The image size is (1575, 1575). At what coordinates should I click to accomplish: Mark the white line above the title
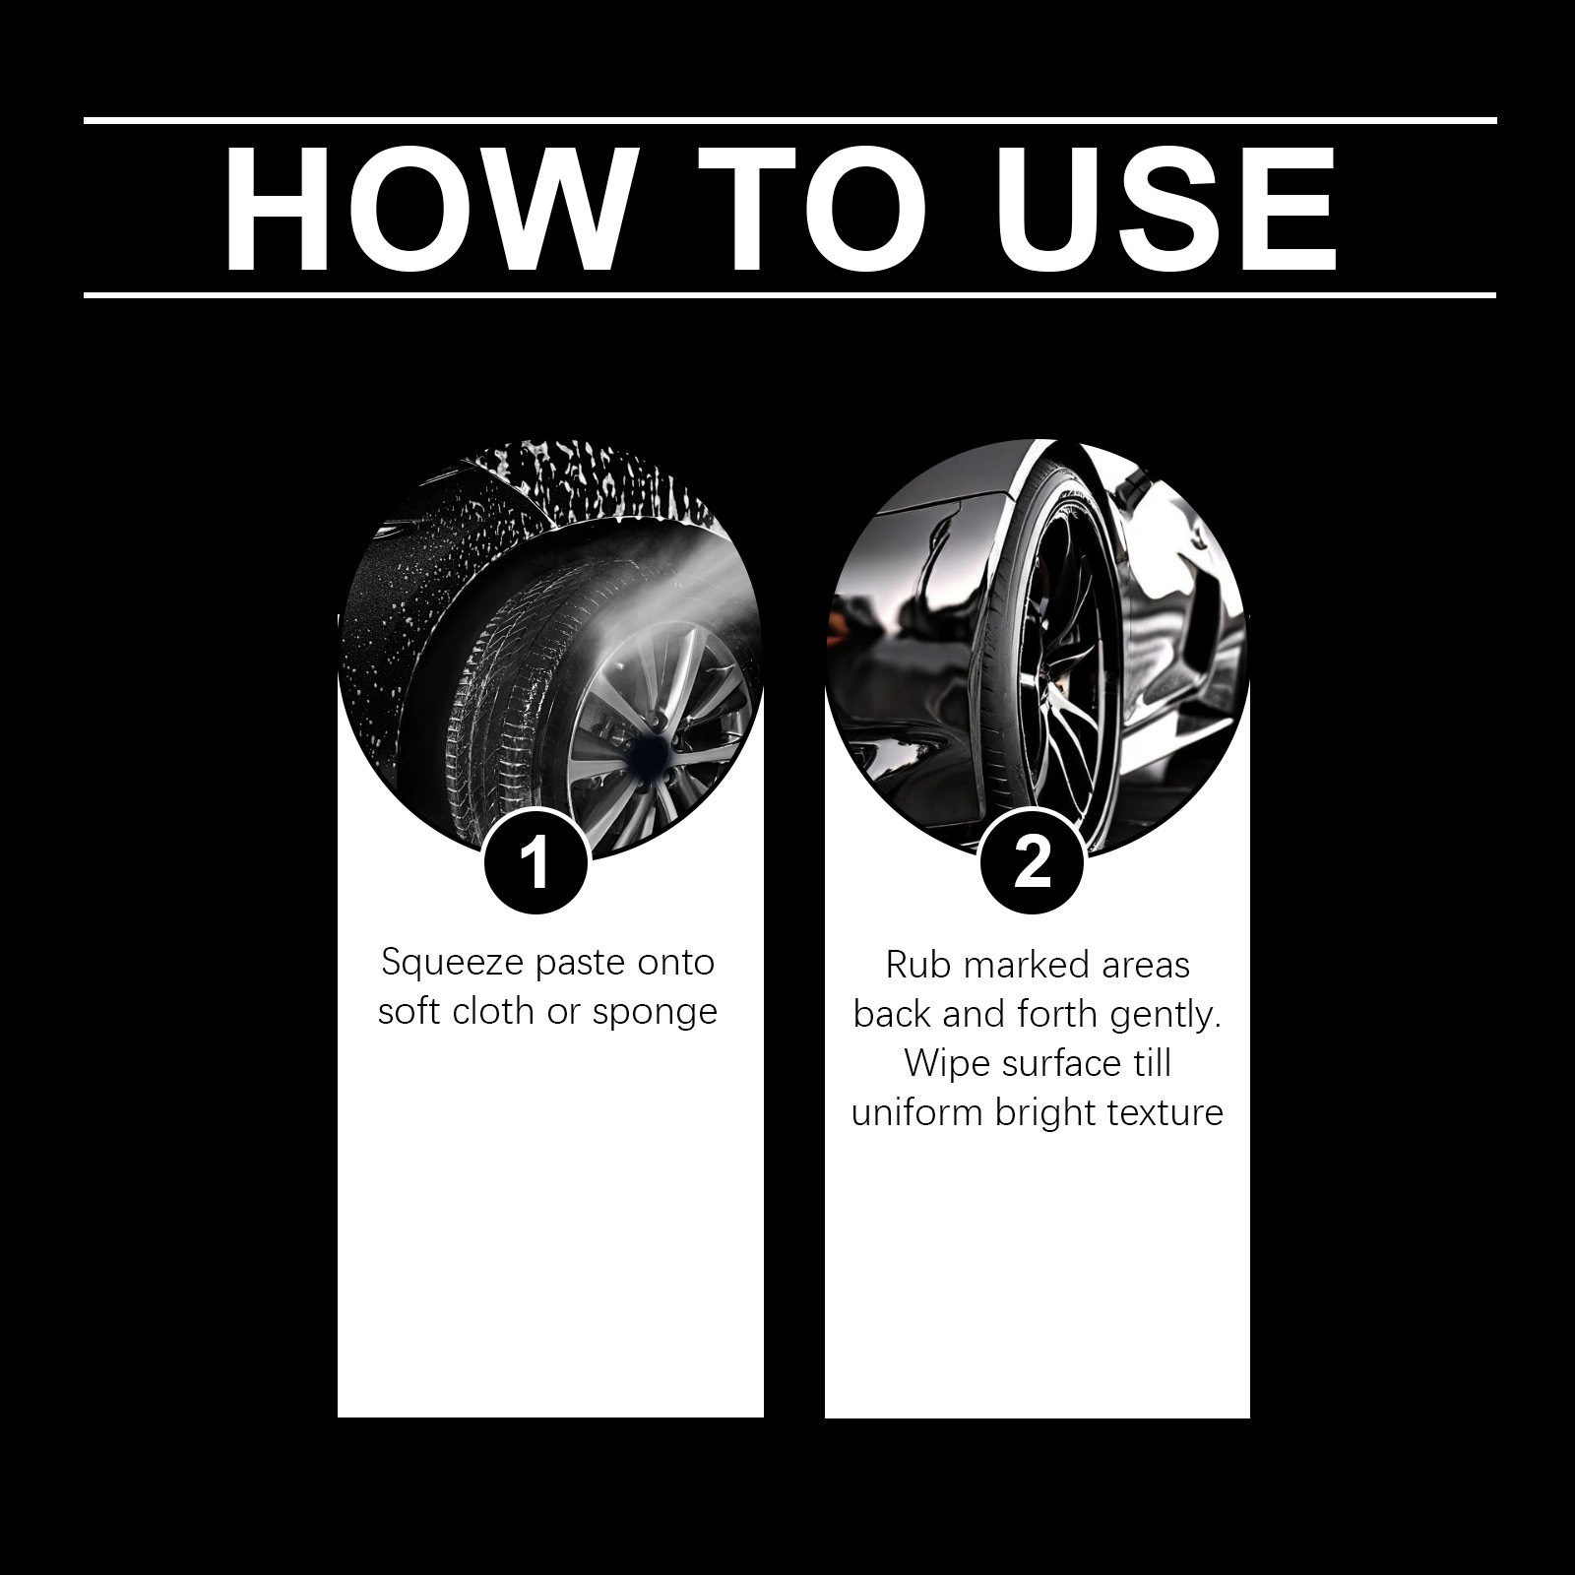click(x=789, y=120)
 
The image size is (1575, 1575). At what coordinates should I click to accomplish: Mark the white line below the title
click(x=789, y=294)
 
